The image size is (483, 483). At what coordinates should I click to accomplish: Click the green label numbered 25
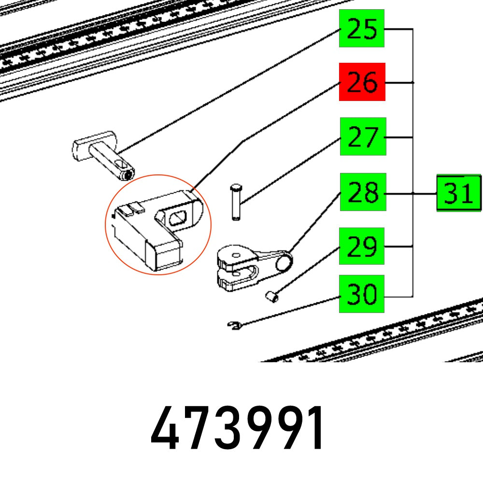pyautogui.click(x=361, y=28)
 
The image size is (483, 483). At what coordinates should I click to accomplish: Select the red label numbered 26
pyautogui.click(x=362, y=82)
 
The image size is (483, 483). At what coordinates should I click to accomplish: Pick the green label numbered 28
pyautogui.click(x=363, y=192)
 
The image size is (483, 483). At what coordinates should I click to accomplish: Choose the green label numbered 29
pyautogui.click(x=362, y=246)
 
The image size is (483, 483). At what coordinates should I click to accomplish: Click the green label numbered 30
pyautogui.click(x=361, y=294)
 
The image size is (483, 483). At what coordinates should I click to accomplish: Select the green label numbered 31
pyautogui.click(x=459, y=193)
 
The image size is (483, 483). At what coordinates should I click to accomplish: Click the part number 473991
pyautogui.click(x=238, y=428)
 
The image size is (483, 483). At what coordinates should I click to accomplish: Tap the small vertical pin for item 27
pyautogui.click(x=236, y=202)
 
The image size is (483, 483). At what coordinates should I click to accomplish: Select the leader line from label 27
pyautogui.click(x=290, y=169)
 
